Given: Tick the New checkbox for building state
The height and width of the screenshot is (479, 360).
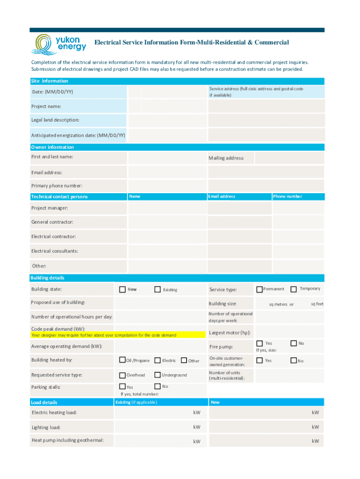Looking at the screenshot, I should pos(122,289).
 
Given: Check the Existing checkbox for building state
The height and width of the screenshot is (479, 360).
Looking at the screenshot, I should pos(158,290).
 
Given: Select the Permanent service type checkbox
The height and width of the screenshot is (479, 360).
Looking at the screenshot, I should pos(259,289).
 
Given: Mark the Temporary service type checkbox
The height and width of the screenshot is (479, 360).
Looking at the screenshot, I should pos(294,289).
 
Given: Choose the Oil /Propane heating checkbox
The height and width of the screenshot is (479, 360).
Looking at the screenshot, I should pos(122,360).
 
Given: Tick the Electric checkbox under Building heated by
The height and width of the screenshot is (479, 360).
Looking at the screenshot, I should pos(158,360).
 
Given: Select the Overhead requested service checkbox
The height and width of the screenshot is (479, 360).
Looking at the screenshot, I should pos(122,375).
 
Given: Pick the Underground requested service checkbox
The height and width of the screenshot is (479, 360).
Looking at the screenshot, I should pos(158,375).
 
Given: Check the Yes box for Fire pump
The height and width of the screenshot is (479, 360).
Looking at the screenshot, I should pos(259,343).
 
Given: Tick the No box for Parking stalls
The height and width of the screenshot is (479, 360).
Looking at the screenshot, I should pos(157,386).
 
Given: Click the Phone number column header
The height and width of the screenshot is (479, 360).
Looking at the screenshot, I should pos(288,196).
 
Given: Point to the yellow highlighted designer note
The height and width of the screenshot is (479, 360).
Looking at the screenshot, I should pos(117,335).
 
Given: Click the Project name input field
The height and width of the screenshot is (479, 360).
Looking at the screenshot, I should pos(167,106).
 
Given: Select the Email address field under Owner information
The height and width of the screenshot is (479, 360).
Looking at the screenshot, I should pos(167,172).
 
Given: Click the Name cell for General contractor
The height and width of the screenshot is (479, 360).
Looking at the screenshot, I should pos(167,222).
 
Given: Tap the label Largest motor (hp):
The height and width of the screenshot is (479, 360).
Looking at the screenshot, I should pos(230,333).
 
